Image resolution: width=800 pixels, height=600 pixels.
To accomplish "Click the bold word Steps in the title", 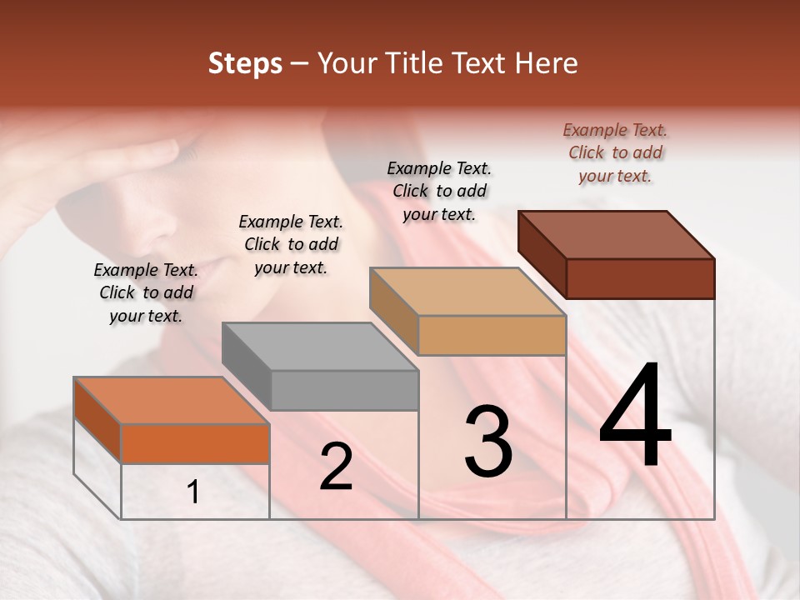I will pos(245,63).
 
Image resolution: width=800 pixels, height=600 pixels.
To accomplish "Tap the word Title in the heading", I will pos(417,63).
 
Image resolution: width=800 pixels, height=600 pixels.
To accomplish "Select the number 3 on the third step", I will pos(488,441).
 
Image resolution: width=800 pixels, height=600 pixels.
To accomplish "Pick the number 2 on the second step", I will pos(336,467).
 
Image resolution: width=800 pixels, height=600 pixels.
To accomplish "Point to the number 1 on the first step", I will pos(193,492).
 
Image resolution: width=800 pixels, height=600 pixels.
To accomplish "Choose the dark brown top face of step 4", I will pos(617,234).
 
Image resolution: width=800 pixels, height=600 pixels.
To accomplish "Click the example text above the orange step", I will pos(146,292).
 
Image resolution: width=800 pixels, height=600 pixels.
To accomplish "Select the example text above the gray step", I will pos(291,244).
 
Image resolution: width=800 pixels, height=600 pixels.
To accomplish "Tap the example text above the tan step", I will pos(439,191).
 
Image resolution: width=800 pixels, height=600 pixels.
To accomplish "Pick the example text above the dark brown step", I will pos(615,152).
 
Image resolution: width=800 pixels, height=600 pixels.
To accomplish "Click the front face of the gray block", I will pos(345,390).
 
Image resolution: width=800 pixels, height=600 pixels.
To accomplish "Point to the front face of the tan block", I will pos(492,335).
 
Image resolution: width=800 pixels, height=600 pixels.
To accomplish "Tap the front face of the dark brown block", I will pos(640,278).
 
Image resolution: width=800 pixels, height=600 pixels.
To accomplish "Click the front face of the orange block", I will pos(196,443).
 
